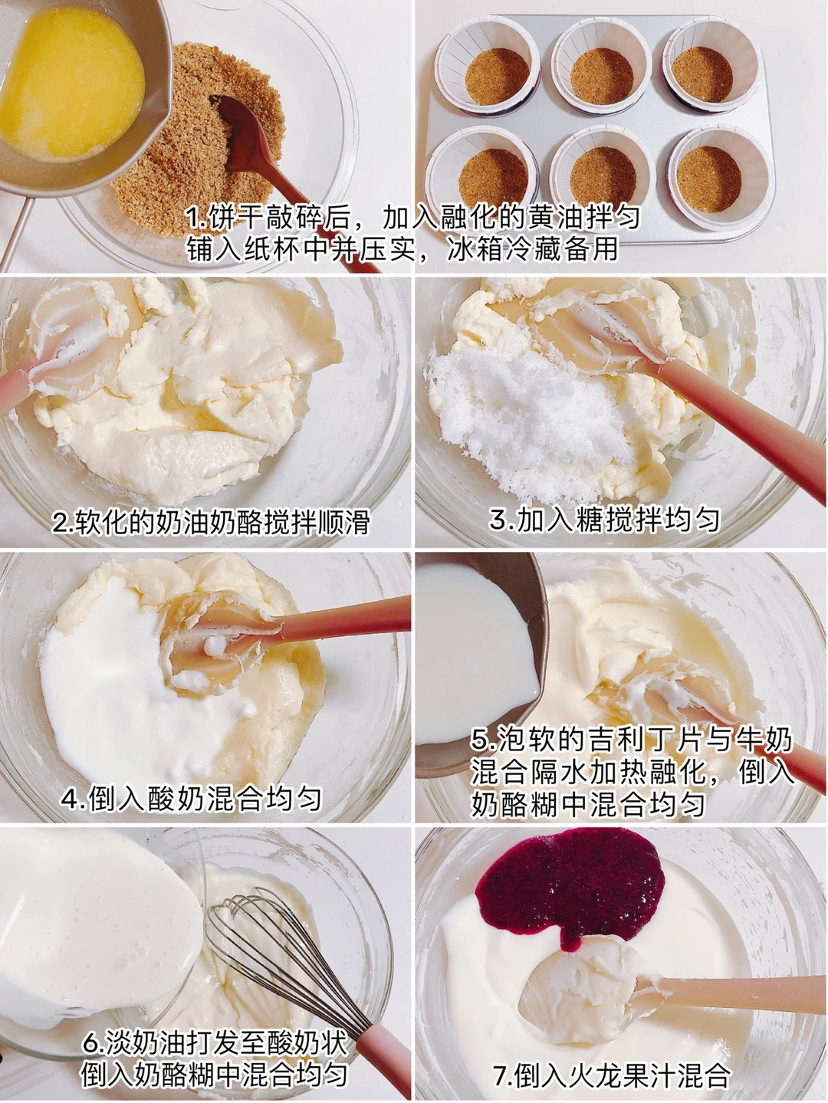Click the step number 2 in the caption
(x=61, y=523)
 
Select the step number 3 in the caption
(x=498, y=520)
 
